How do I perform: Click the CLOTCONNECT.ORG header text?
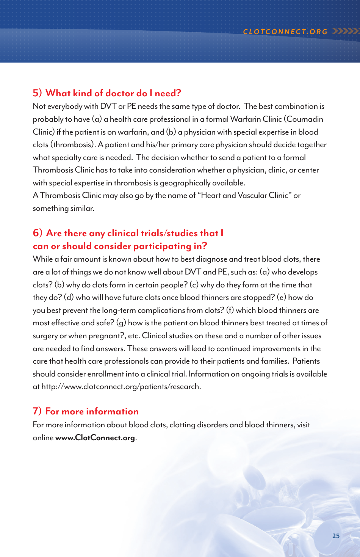285,32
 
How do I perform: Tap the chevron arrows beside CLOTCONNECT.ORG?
345,31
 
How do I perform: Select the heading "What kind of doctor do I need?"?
113,93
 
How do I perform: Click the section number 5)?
37,93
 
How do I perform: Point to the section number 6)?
38,233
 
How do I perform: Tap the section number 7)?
37,411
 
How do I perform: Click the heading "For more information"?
92,411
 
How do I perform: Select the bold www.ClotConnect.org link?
95,438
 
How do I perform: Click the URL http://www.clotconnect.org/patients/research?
121,387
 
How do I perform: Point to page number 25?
336,536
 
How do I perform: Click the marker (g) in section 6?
121,323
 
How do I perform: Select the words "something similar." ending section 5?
63,209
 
